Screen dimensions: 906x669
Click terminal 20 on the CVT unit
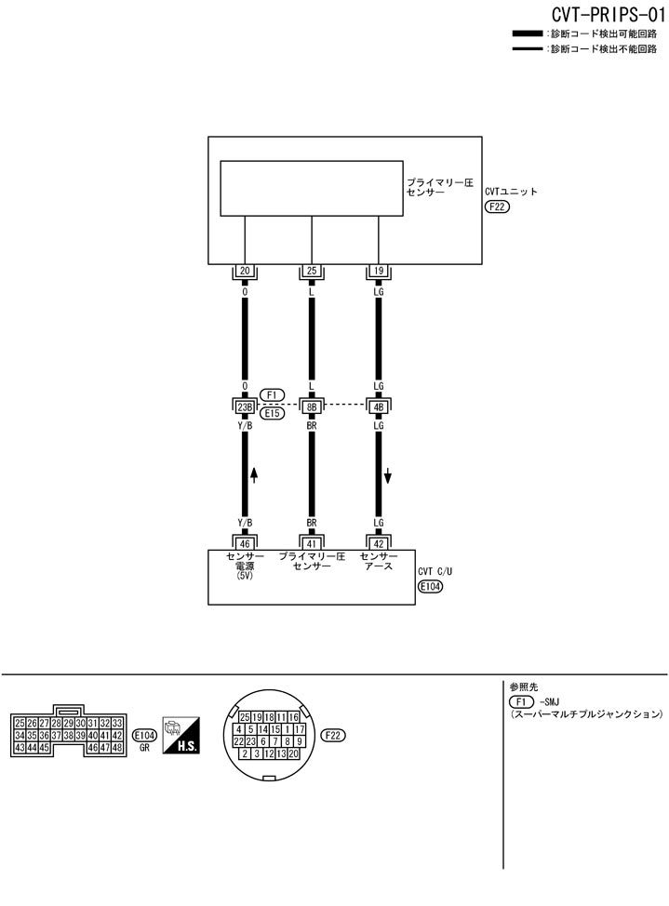245,272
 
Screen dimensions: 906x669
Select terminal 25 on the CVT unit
311,272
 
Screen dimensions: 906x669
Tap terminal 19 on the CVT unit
378,272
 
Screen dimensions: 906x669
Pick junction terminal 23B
245,406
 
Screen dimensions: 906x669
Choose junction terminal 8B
311,406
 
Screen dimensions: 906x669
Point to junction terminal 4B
378,406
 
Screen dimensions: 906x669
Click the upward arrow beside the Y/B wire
254,473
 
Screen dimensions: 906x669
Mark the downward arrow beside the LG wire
388,476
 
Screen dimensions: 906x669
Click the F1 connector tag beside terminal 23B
273,394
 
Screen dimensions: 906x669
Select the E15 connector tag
273,414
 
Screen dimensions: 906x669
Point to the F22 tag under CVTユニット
497,207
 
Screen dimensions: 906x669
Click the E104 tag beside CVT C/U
431,587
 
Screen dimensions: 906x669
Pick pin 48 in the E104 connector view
117,747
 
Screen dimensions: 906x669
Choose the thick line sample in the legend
529,33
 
